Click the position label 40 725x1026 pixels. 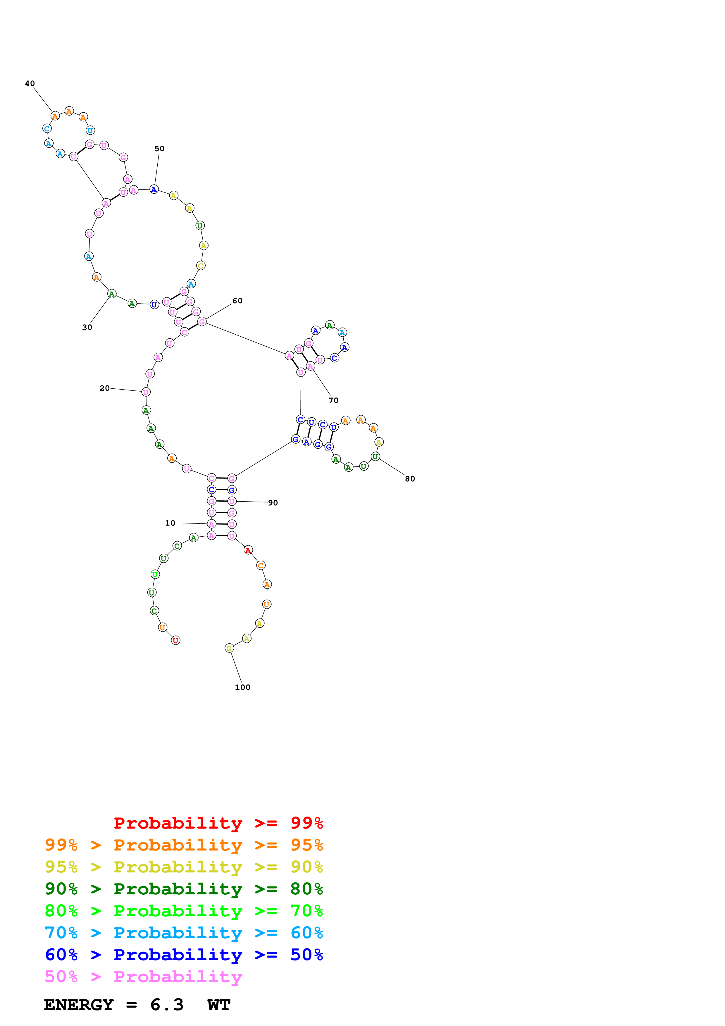coord(30,84)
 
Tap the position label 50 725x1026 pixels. coord(159,149)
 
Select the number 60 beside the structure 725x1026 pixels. coord(238,301)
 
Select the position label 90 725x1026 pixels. coord(273,503)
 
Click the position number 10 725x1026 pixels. coord(170,523)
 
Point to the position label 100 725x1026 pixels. coord(242,687)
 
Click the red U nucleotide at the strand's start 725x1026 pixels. coord(175,640)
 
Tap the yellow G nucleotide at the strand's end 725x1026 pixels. coord(229,648)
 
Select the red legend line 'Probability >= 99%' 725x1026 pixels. coord(218,823)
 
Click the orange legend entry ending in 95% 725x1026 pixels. coord(184,845)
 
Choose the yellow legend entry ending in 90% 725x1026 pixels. coord(184,867)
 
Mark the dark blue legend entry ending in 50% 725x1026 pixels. coord(184,955)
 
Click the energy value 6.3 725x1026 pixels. coord(167,1005)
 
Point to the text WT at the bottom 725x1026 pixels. coord(219,1005)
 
